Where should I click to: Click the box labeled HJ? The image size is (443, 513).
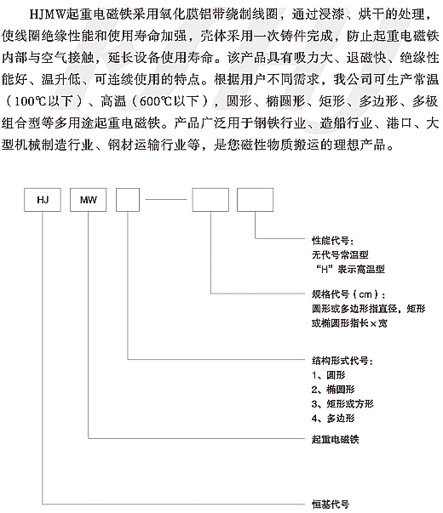tap(43, 200)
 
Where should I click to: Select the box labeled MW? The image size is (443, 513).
tap(88, 200)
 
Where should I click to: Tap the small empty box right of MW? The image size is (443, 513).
tap(128, 200)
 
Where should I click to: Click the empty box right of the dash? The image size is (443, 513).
tap(210, 200)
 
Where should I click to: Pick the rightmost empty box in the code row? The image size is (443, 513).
tap(256, 200)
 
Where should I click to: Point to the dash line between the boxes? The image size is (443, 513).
tap(166, 199)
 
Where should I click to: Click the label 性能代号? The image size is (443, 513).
tap(332, 241)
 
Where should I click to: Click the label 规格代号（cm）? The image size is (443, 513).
tap(348, 294)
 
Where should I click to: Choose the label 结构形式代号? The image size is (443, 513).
tap(342, 361)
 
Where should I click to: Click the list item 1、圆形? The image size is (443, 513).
tap(328, 375)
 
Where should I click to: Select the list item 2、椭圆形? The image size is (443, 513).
tap(333, 390)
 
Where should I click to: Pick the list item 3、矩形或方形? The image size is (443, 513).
tap(342, 404)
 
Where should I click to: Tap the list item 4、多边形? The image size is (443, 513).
tap(333, 419)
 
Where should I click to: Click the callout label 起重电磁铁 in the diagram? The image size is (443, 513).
tap(335, 439)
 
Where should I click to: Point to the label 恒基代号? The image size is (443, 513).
tap(331, 504)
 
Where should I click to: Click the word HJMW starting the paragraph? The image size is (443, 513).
tap(48, 14)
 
